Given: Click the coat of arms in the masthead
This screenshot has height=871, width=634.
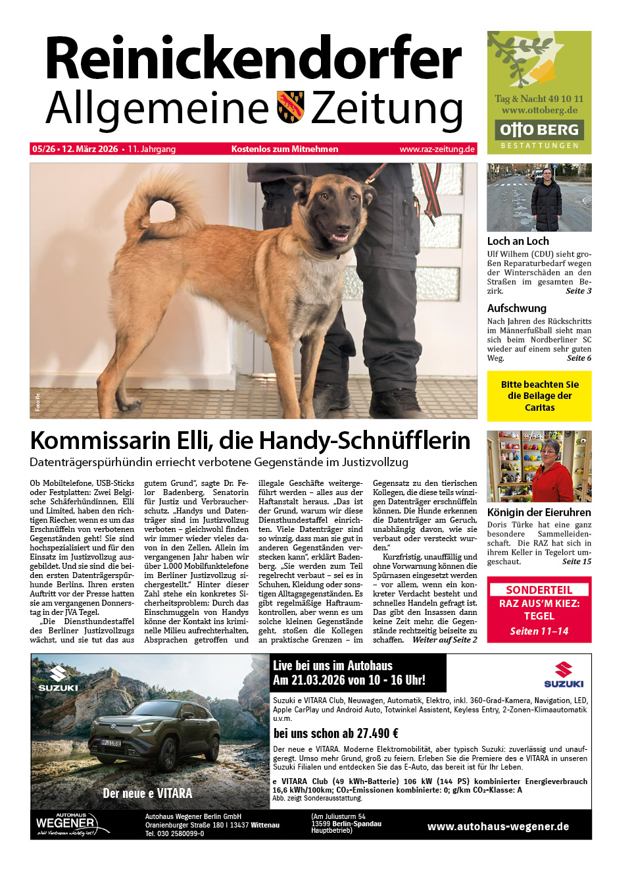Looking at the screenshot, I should tap(290, 107).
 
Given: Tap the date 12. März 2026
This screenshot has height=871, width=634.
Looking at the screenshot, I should tap(90, 149).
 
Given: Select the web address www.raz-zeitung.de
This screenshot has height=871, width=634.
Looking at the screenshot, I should tap(437, 149).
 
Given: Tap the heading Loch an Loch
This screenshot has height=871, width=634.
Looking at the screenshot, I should tap(518, 242).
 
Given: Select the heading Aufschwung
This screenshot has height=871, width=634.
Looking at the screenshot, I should tap(516, 308).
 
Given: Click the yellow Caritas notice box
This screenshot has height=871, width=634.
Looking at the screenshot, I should tap(539, 396).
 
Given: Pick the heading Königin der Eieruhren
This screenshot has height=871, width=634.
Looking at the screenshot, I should tap(539, 512).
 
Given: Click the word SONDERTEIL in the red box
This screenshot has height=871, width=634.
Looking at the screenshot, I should tap(539, 590).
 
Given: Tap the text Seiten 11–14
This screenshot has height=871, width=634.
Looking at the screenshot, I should tap(539, 631).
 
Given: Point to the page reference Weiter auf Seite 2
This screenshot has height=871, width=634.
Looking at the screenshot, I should tap(445, 640).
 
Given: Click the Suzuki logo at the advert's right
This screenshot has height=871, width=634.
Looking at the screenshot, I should tap(564, 675).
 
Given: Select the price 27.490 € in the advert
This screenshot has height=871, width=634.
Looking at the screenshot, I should tap(377, 733).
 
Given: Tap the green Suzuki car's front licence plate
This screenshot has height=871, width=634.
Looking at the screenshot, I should tap(111, 743).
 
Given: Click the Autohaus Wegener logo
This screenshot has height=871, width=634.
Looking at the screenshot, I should tap(66, 824).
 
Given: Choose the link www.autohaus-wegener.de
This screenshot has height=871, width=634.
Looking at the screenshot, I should tap(498, 827).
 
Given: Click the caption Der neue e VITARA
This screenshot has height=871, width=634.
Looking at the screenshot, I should tap(147, 793).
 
